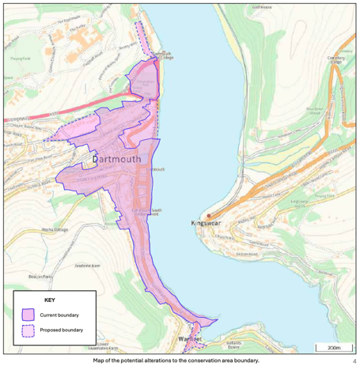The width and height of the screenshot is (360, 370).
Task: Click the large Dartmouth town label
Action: (116, 159)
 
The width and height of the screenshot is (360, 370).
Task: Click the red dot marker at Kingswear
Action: (209, 215)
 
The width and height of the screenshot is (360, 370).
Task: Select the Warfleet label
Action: (191, 338)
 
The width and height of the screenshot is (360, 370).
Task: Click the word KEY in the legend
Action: (49, 301)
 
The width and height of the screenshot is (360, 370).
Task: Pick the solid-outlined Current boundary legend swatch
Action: (28, 315)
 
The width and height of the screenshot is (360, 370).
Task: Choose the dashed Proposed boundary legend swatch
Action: (28, 330)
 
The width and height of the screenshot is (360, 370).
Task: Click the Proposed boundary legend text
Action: (61, 330)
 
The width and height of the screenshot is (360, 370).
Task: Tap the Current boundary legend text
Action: (59, 315)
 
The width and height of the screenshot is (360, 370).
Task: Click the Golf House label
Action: (262, 6)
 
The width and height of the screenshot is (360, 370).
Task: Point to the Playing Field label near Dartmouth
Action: (20, 58)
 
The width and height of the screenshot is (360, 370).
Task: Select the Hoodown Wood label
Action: (313, 111)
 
